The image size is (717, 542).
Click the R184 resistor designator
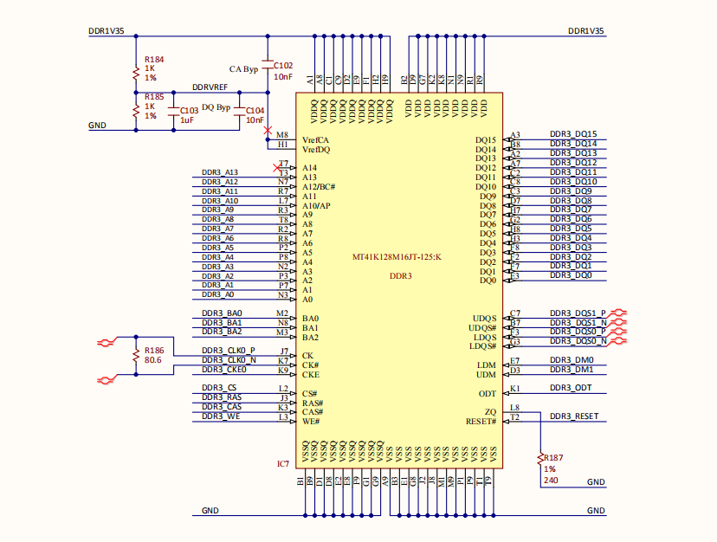pyautogui.click(x=154, y=59)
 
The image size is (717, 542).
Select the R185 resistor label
pyautogui.click(x=154, y=97)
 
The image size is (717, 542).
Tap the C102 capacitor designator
pyautogui.click(x=283, y=66)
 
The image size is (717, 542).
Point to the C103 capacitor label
pyautogui.click(x=189, y=111)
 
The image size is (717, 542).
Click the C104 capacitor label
pyautogui.click(x=255, y=111)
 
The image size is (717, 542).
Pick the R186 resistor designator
pyautogui.click(x=154, y=350)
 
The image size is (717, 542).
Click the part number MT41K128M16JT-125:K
pyautogui.click(x=397, y=257)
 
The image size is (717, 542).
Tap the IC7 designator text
pyautogui.click(x=282, y=464)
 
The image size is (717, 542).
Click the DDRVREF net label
pyautogui.click(x=210, y=88)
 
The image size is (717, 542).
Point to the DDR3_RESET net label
pyautogui.click(x=573, y=416)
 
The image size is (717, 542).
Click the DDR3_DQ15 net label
pyautogui.click(x=573, y=134)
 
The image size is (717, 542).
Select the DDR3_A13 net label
pyautogui.click(x=219, y=172)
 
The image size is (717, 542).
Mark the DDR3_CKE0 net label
pyautogui.click(x=223, y=369)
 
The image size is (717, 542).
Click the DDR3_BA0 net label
pyautogui.click(x=222, y=313)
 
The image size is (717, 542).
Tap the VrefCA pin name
pyautogui.click(x=314, y=140)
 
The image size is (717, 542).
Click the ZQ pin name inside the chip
pyautogui.click(x=490, y=412)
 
